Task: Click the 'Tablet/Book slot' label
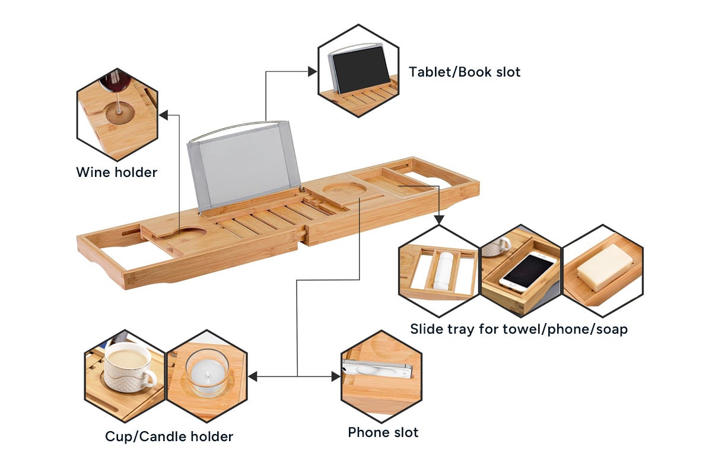tap(464, 72)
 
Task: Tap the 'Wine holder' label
tap(116, 173)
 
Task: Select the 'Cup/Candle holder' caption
tap(169, 437)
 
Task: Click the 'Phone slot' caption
tap(383, 432)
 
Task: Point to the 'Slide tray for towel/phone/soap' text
tap(519, 329)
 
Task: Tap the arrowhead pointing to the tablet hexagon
tap(312, 72)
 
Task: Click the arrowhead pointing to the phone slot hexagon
tap(335, 376)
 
